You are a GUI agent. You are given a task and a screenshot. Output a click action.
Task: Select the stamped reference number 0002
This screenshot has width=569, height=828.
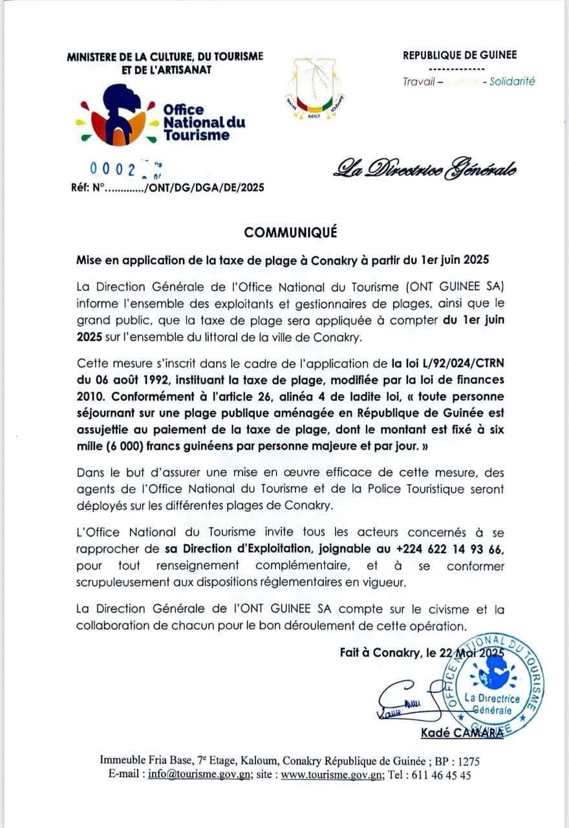point(113,169)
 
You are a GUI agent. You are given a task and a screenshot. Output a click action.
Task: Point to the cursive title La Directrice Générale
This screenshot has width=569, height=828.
point(424,169)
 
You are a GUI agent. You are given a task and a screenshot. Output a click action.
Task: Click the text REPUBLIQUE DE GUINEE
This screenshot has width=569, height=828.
point(460,56)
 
